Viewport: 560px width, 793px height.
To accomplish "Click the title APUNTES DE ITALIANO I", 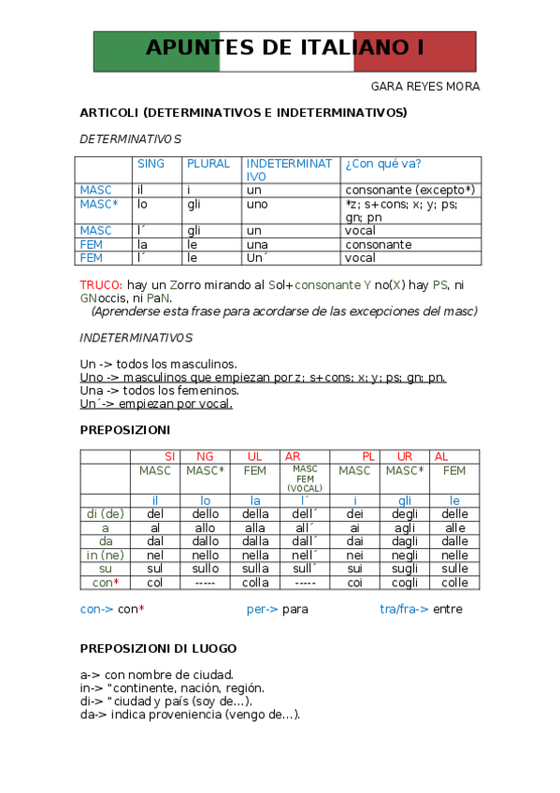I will (x=285, y=49).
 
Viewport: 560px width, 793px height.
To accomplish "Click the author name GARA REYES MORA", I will (x=425, y=87).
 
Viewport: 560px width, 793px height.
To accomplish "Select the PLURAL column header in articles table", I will (x=208, y=164).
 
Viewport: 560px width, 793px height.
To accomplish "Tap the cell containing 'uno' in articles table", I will (x=257, y=204).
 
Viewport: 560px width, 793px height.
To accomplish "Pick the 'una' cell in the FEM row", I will (x=258, y=245).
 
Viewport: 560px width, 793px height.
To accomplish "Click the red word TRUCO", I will (x=100, y=284).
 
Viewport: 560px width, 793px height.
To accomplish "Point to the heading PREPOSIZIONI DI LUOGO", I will (x=158, y=648).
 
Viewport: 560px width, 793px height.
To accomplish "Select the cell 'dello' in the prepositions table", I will (x=206, y=514).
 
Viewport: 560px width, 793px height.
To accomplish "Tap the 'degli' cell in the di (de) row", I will (x=405, y=514).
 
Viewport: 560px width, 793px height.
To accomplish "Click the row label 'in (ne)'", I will (x=105, y=555).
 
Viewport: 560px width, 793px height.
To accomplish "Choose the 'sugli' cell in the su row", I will (x=405, y=569).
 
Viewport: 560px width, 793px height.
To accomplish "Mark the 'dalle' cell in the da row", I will (x=454, y=541).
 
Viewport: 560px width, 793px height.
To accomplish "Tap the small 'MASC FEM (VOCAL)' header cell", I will (x=306, y=479).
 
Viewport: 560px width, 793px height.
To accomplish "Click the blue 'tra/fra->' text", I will (x=404, y=609).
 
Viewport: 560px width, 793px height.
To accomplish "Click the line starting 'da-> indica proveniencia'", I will (x=190, y=715).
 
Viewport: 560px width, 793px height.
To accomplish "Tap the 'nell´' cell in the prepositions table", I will (x=306, y=555).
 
